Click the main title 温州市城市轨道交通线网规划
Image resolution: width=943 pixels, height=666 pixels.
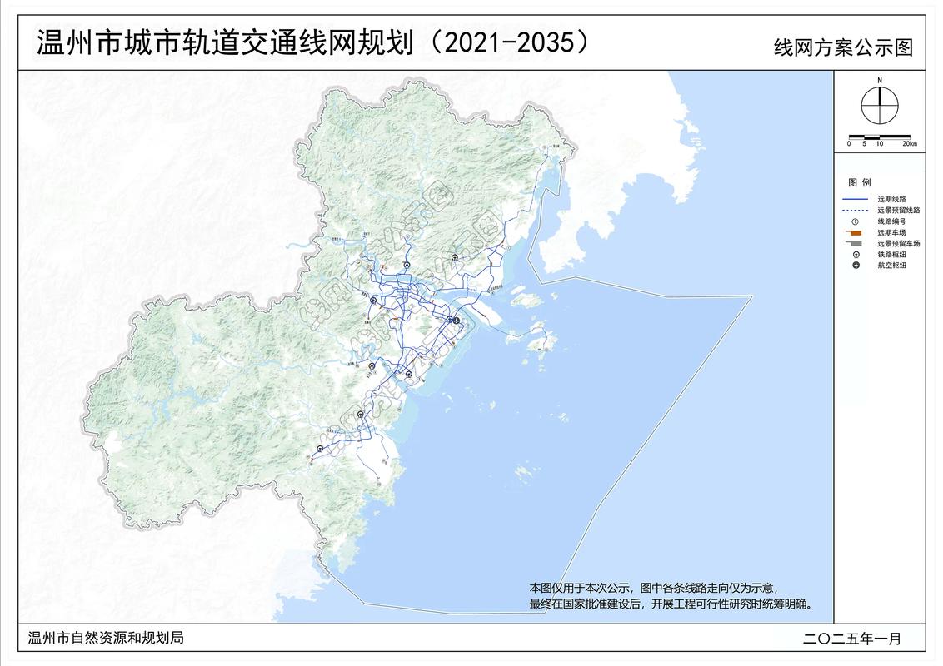(x=225, y=43)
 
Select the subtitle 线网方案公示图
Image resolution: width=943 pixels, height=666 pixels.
(x=843, y=47)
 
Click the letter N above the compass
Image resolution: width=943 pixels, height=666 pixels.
(x=879, y=80)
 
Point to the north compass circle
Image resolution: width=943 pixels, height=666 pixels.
(x=879, y=106)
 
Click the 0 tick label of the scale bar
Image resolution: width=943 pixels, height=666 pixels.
(x=850, y=144)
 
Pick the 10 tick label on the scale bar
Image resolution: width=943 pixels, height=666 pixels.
(x=879, y=144)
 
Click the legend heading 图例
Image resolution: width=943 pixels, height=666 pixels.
(x=859, y=182)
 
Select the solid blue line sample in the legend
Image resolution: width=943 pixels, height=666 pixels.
(x=856, y=200)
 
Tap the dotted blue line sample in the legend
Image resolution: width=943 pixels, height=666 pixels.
(x=856, y=211)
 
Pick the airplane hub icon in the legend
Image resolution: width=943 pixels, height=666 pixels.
(x=856, y=265)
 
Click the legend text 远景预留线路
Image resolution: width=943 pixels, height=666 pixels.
(x=898, y=211)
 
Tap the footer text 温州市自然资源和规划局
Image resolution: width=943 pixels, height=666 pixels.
(x=106, y=639)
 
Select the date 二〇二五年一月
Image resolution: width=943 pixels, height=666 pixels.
(x=852, y=639)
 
